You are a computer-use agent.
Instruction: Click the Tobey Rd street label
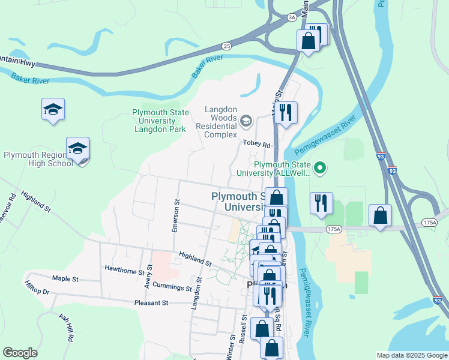pos(258,143)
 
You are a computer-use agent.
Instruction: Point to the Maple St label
pos(65,279)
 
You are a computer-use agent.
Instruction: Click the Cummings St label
pos(171,286)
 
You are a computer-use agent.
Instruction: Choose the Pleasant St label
pos(152,303)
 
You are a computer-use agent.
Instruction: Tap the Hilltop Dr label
pos(37,288)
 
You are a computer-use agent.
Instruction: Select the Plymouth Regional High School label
pos(38,159)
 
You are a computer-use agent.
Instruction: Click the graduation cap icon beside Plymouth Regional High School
pos(78,148)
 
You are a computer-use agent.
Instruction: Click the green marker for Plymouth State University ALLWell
pos(320,168)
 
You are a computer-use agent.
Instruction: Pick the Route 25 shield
pos(226,46)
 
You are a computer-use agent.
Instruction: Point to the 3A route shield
pos(292,18)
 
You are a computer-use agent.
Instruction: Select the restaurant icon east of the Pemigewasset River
pos(321,203)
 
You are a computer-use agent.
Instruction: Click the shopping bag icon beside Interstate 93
pos(380,215)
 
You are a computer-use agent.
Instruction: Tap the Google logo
pos(20,353)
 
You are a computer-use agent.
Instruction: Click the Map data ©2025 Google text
pos(412,355)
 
